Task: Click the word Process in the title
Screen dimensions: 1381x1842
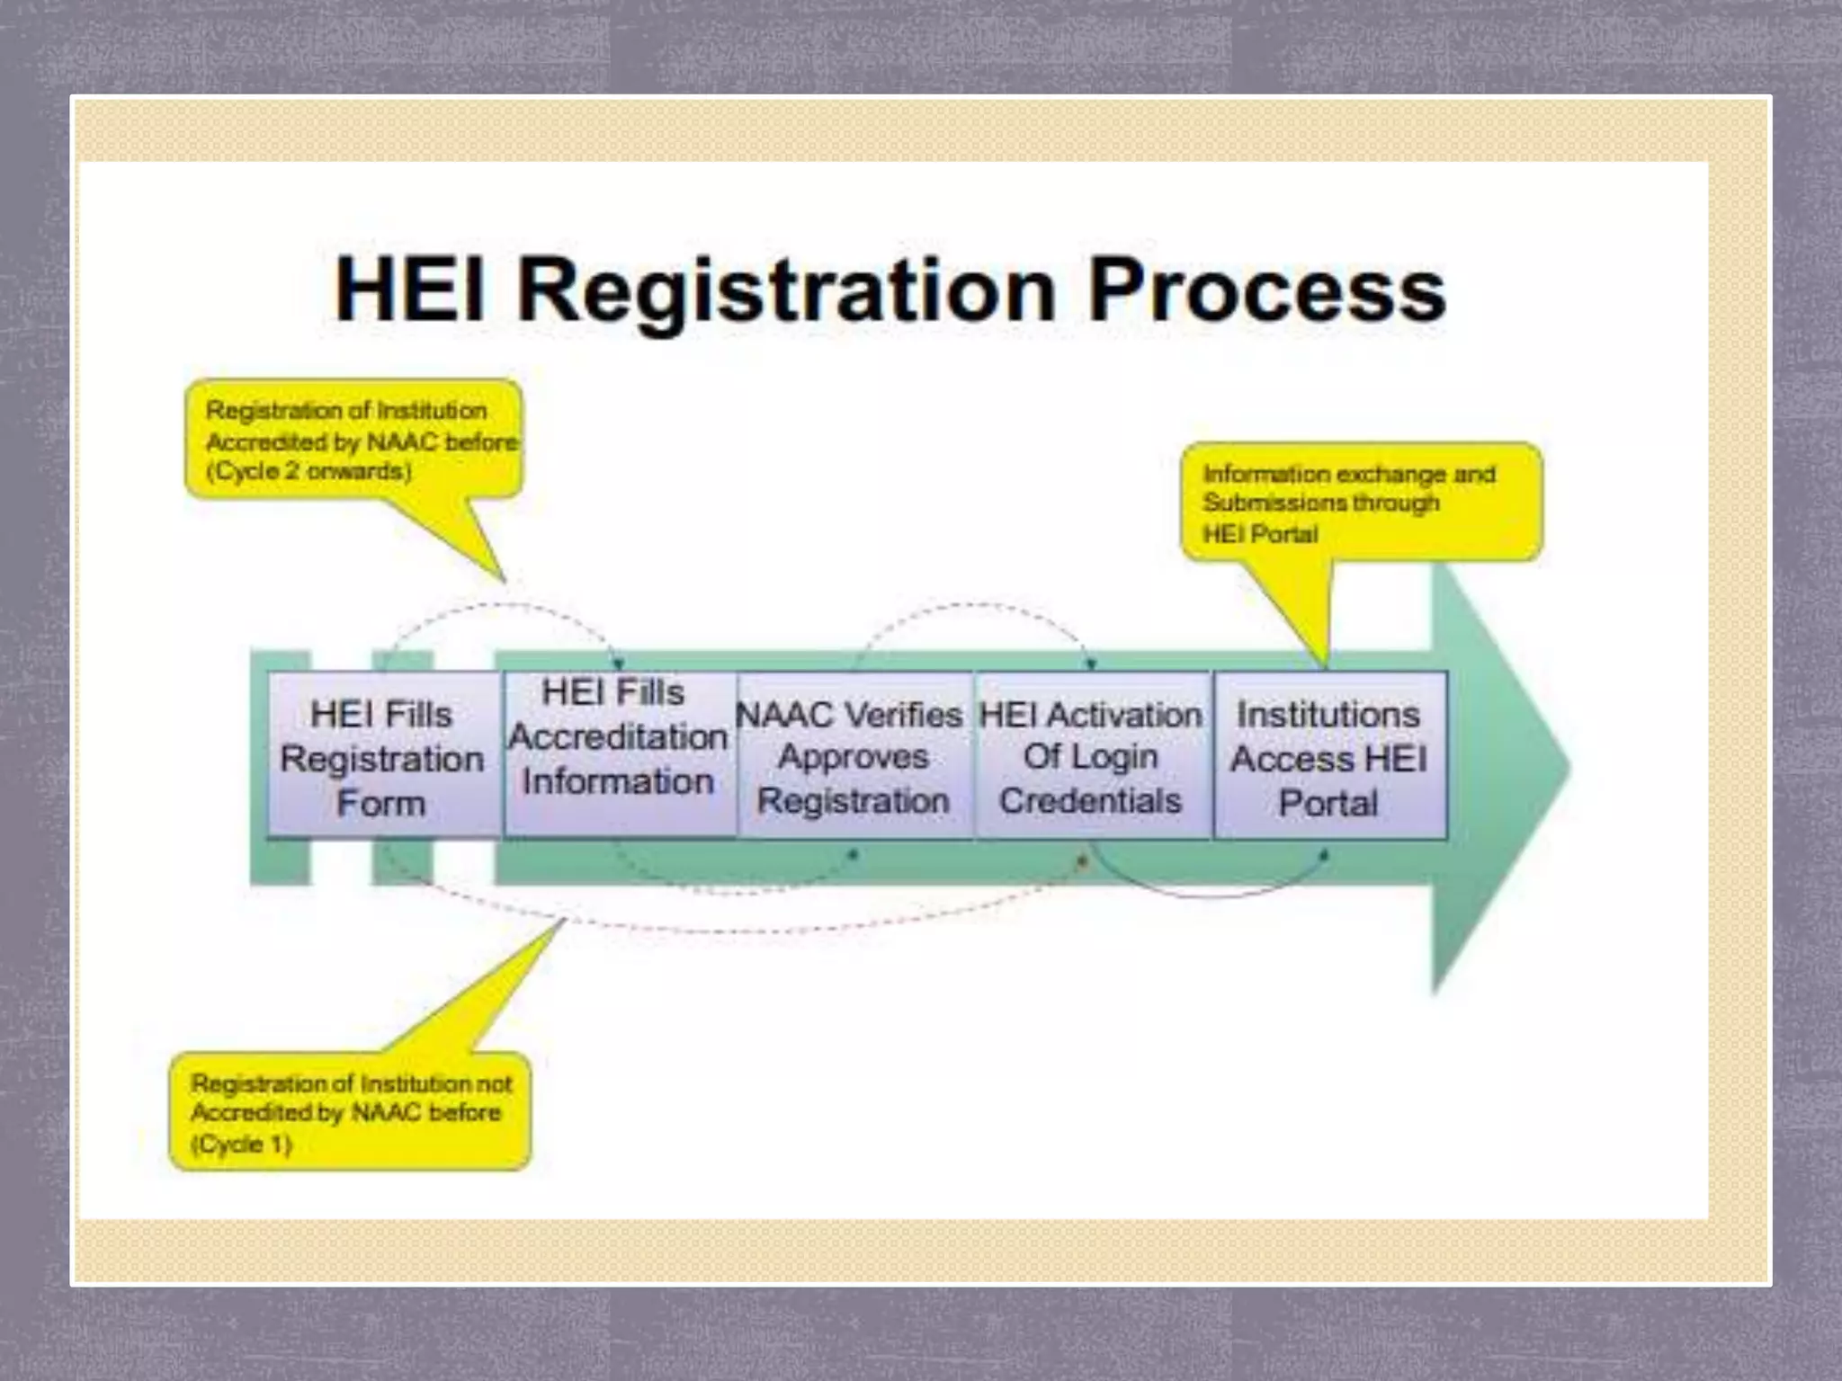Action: [x=1266, y=290]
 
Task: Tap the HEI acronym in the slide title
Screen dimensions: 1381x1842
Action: [x=410, y=290]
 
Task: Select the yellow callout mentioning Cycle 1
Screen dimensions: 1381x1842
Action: [x=350, y=1111]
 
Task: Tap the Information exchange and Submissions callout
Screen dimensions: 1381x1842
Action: [x=1361, y=502]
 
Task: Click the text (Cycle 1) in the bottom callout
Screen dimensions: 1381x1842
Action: [x=242, y=1144]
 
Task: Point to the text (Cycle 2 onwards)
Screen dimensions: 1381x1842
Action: [x=309, y=471]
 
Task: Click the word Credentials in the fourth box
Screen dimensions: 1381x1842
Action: [x=1091, y=800]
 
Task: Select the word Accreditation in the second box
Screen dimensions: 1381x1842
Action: [x=619, y=737]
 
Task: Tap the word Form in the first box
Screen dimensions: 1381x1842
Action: [x=381, y=803]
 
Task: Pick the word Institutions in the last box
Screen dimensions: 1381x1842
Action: [x=1328, y=715]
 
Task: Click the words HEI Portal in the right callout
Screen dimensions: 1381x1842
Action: [x=1261, y=534]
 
